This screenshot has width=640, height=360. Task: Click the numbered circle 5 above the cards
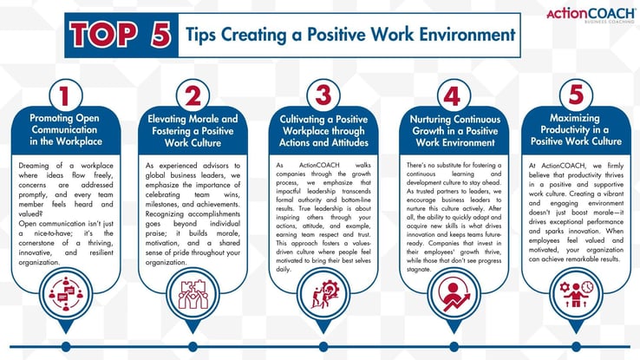(x=577, y=94)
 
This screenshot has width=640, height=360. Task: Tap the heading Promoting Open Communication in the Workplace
(x=65, y=129)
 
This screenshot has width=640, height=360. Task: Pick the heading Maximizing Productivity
(x=577, y=129)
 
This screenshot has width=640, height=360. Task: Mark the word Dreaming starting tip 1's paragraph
(x=37, y=164)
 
